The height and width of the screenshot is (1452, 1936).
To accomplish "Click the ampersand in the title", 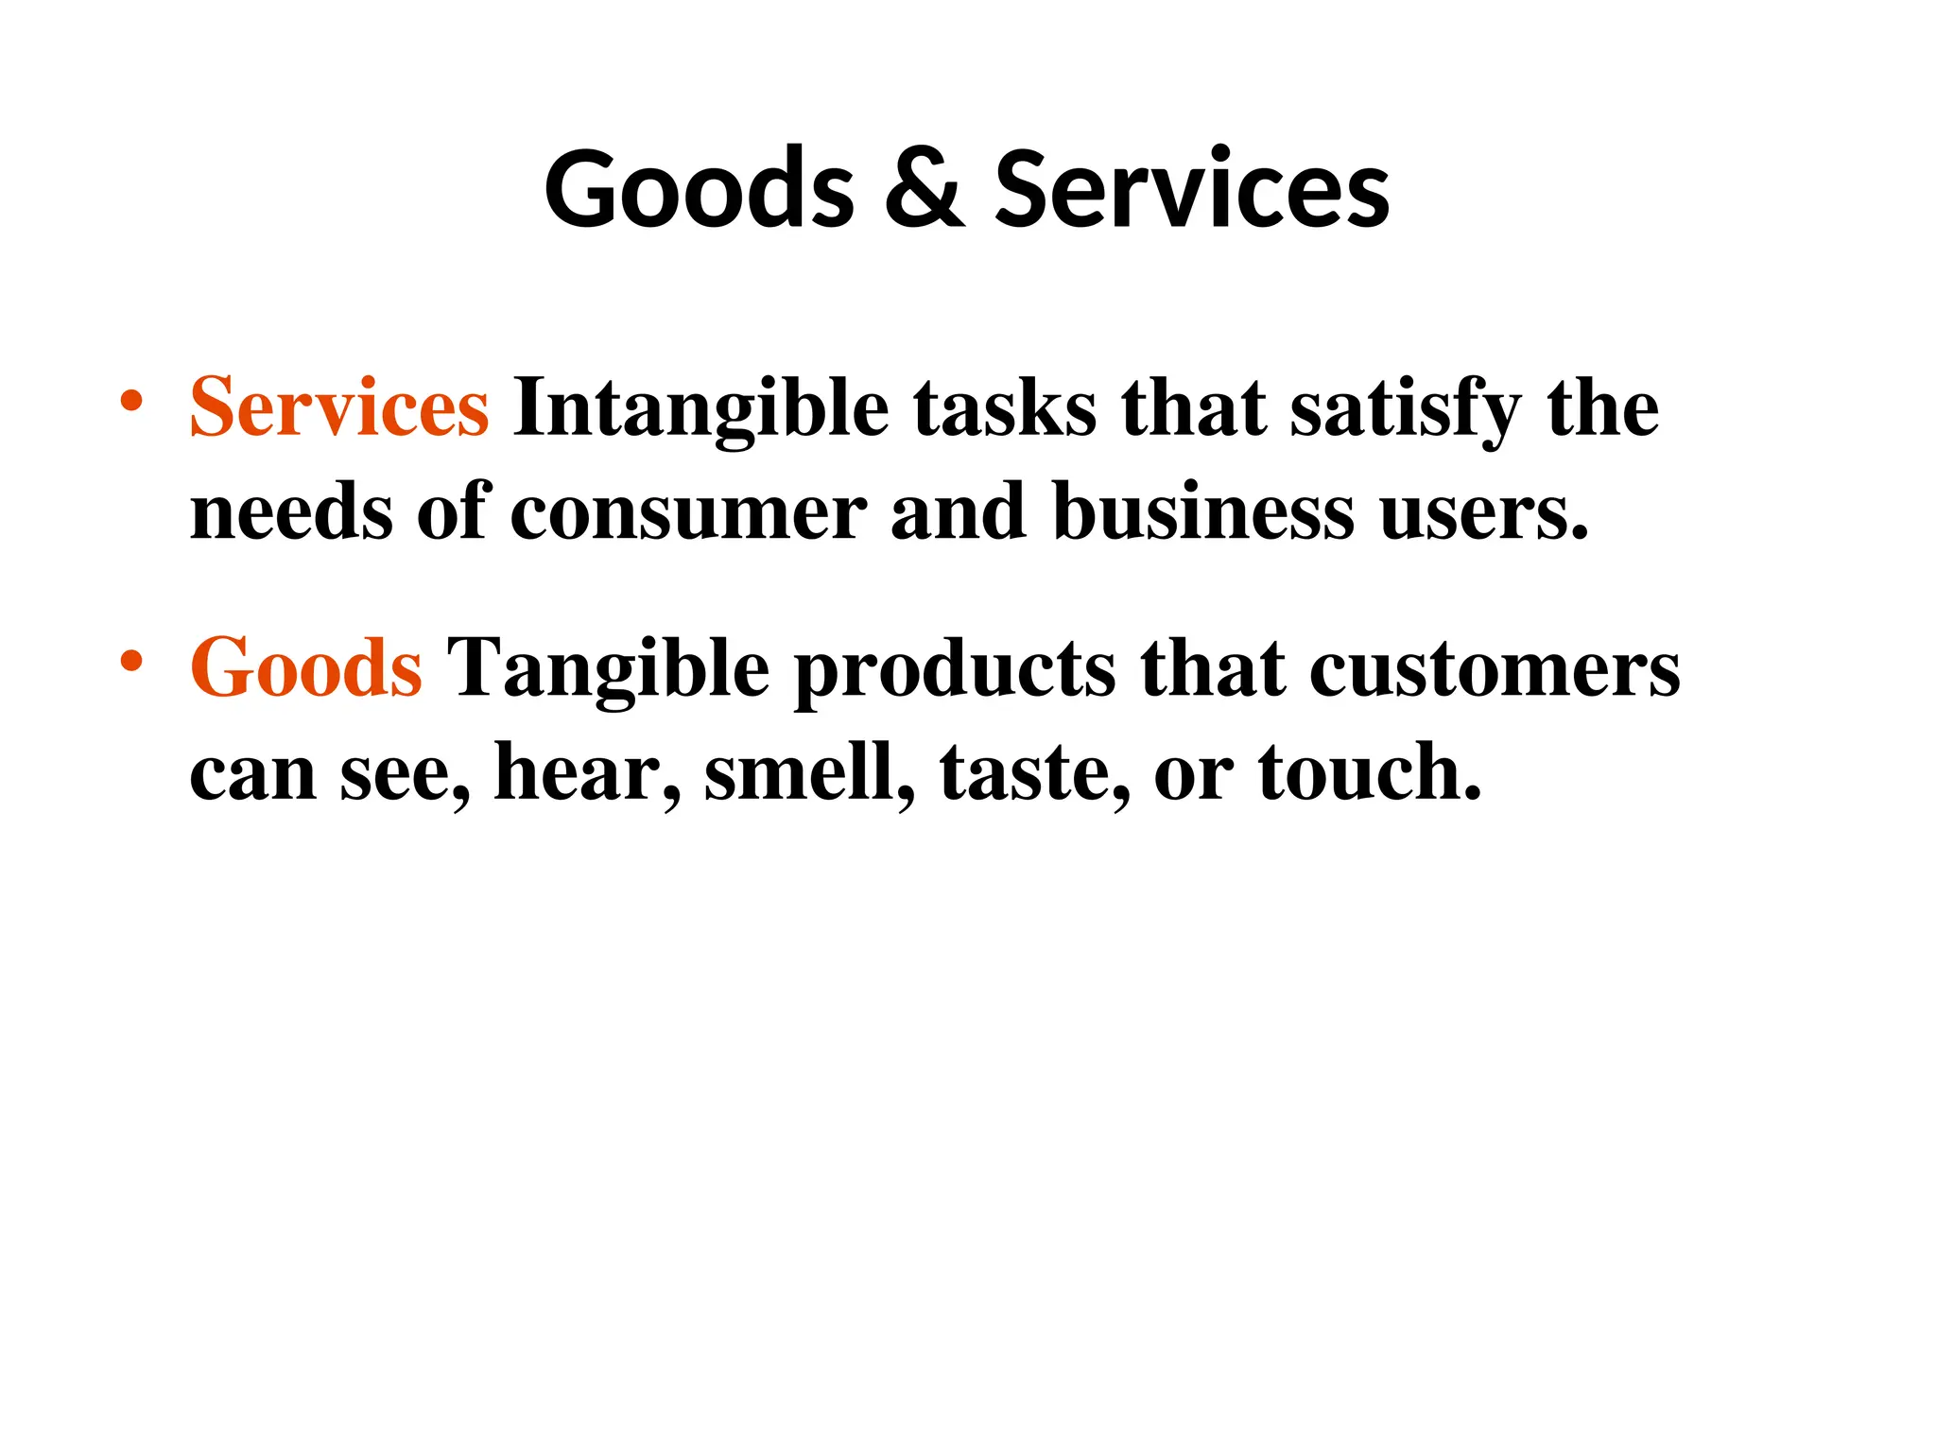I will click(925, 189).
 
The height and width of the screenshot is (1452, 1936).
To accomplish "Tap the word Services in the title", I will click(1192, 189).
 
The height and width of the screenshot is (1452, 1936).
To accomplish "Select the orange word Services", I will click(339, 407).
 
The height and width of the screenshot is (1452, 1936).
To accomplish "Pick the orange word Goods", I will click(305, 667).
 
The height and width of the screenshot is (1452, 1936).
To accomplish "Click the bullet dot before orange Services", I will click(131, 401).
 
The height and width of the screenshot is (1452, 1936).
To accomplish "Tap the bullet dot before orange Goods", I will click(131, 661).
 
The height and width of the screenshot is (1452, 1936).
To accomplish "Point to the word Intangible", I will click(700, 409).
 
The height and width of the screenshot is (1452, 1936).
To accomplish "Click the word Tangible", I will click(608, 669).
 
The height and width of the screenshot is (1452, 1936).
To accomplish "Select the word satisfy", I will click(1407, 409).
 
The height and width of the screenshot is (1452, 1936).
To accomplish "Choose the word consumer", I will click(688, 512).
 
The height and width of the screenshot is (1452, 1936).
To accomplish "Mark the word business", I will click(1203, 512).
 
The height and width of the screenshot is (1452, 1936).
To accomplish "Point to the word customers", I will click(1495, 669).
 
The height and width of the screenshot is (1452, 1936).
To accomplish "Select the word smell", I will click(809, 772).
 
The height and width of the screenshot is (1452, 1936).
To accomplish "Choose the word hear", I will click(586, 772).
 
